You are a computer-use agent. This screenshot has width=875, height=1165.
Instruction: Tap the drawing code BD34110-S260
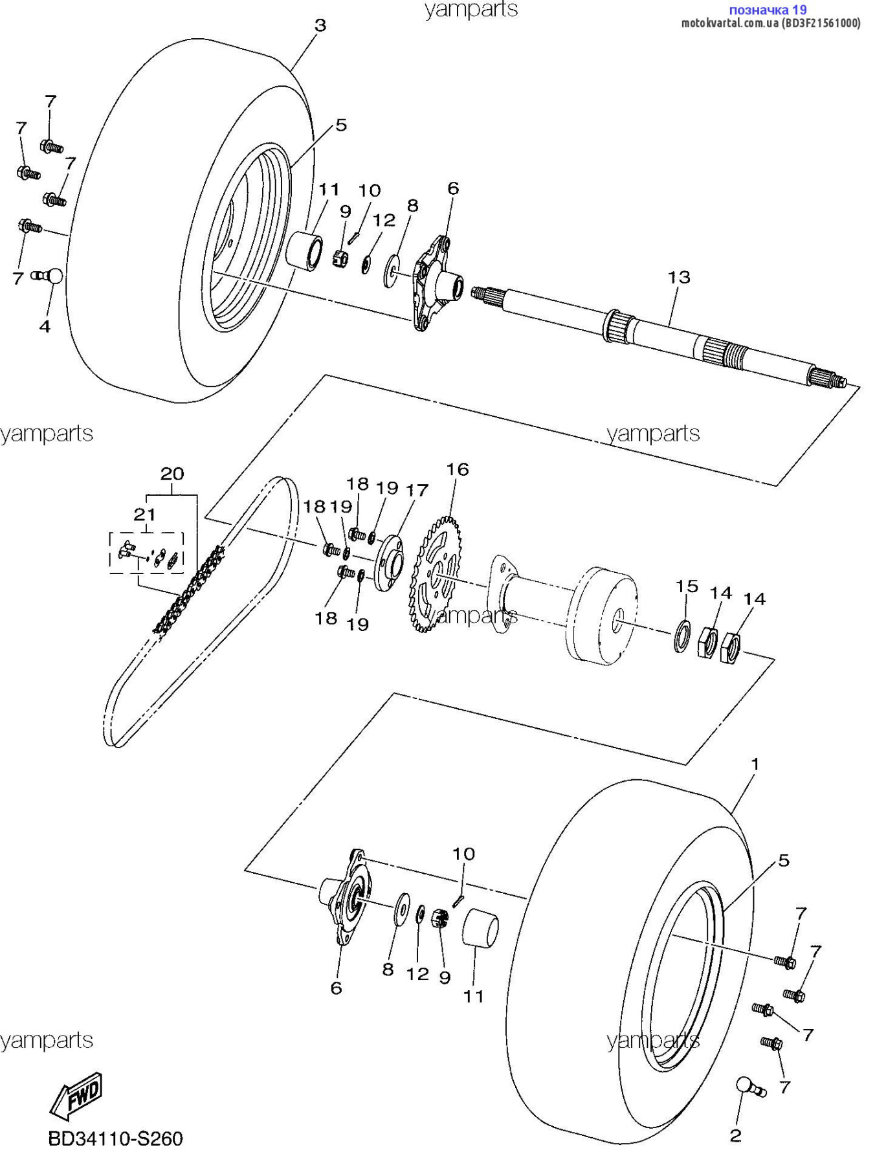pos(116,1138)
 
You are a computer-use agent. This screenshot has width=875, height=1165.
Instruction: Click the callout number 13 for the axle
pos(679,277)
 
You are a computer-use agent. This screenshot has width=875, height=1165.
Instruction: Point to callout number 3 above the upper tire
pos(320,25)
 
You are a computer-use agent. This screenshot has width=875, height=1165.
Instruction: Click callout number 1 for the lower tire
pos(754,764)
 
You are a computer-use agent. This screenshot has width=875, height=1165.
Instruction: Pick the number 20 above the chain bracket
pos(172,474)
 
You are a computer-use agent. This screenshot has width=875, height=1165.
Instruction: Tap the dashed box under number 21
pos(146,553)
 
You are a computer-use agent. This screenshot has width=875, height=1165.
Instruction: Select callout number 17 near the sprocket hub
pos(417,490)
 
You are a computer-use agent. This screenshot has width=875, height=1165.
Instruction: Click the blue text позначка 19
pos(768,10)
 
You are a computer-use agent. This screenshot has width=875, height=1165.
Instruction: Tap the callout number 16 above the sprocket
pos(458,469)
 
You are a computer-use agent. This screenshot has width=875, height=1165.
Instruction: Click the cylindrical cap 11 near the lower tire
pos(480,927)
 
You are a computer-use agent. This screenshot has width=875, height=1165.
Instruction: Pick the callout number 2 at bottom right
pos(735,1135)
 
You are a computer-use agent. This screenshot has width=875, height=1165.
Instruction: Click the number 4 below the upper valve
pos(45,326)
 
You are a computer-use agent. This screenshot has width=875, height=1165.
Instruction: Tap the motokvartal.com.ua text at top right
pos(770,23)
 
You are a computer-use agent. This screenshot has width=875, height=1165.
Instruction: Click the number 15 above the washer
pos(687,586)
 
